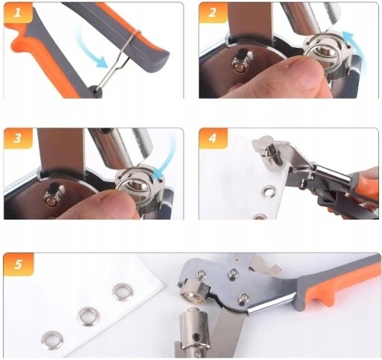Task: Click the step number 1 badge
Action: click(x=17, y=13)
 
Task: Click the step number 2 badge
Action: click(x=212, y=13)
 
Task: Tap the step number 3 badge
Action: click(x=17, y=138)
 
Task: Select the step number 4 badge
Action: click(x=212, y=138)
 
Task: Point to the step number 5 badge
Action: click(x=19, y=264)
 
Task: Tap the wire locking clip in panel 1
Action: click(x=119, y=60)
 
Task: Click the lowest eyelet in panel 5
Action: click(x=52, y=340)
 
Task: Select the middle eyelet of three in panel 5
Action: click(x=89, y=317)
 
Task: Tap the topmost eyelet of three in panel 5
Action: click(x=122, y=291)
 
